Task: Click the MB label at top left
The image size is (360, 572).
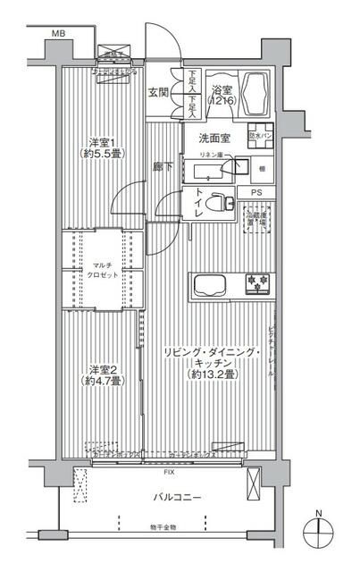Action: coord(58,34)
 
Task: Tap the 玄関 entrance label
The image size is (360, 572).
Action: coord(158,91)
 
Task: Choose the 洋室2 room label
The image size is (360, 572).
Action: coord(101,376)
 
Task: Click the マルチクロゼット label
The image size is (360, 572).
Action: coord(100,270)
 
